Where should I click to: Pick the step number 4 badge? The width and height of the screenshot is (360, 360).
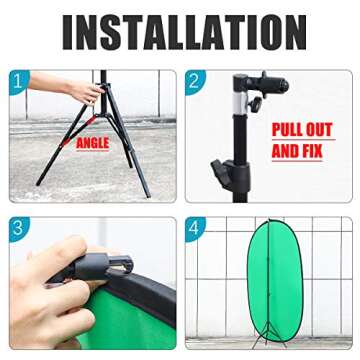coord(196,228)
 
